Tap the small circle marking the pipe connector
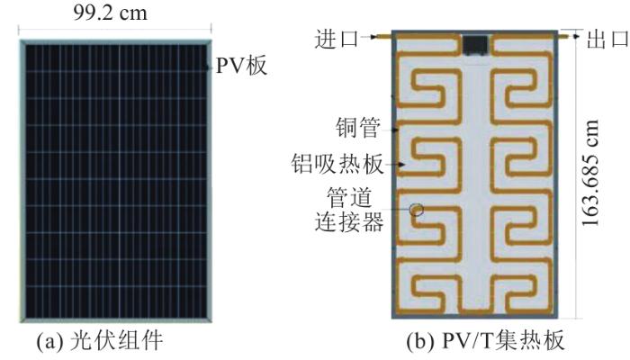[x=417, y=210]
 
